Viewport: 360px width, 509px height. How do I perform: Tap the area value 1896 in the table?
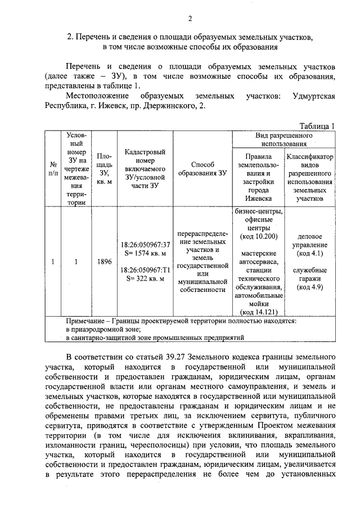(103, 262)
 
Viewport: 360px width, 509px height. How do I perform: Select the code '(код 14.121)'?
(259, 311)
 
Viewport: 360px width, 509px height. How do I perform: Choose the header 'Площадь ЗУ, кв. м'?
(103, 168)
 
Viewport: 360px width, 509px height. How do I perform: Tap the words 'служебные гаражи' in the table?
(310, 274)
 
